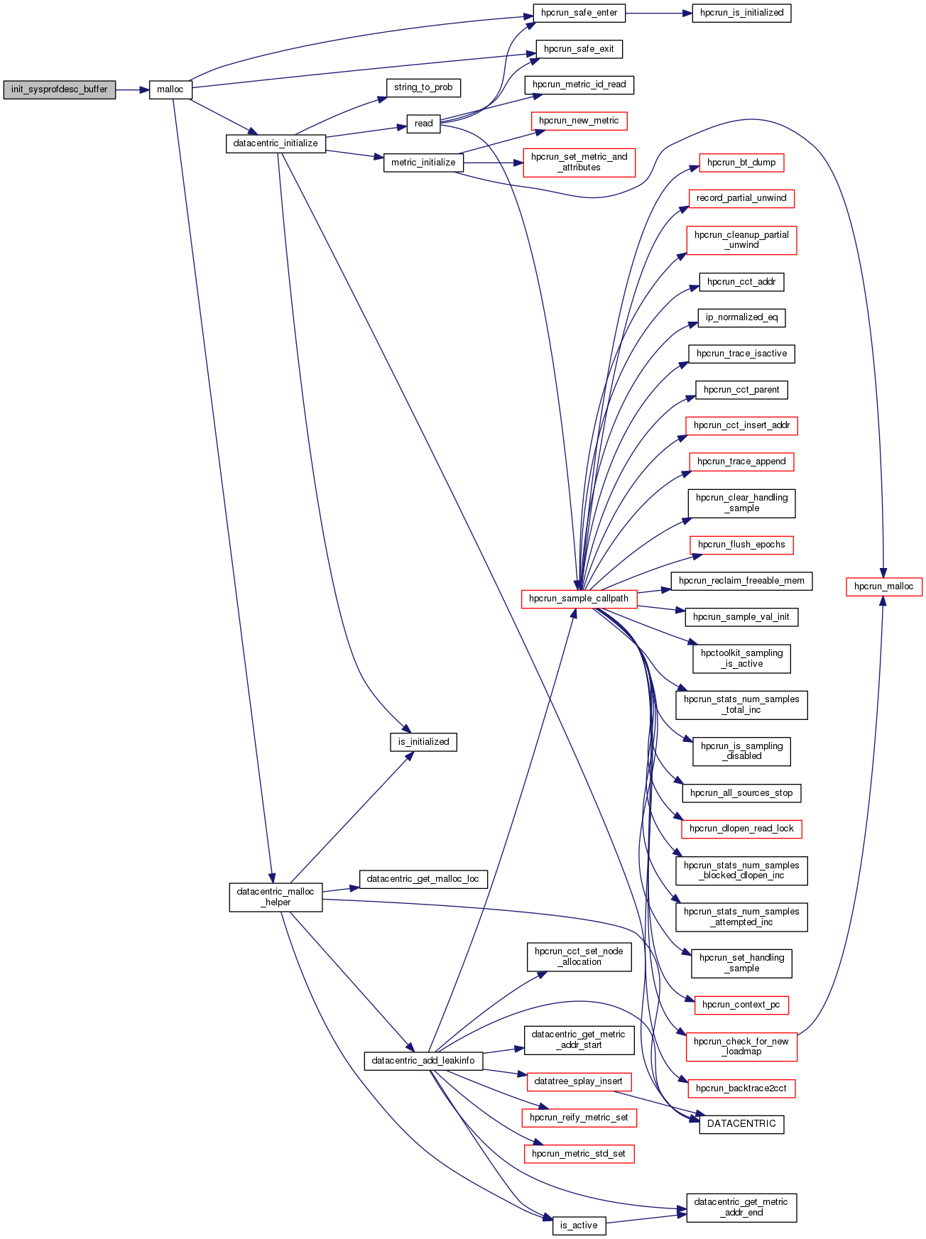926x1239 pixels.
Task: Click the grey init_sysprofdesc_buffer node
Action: (x=59, y=89)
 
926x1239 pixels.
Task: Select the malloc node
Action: (x=170, y=89)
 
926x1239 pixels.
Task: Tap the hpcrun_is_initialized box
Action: (x=741, y=13)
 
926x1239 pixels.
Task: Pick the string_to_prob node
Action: (x=423, y=87)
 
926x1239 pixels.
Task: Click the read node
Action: (x=423, y=124)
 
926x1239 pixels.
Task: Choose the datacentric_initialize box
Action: (x=276, y=143)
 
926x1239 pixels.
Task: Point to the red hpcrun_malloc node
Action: (x=883, y=586)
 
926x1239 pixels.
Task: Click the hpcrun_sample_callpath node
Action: (x=579, y=599)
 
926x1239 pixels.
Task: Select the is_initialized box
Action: (x=423, y=742)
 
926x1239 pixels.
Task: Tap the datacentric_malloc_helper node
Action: (x=276, y=897)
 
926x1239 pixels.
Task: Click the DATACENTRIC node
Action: (x=741, y=1124)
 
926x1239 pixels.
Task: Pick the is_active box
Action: (x=579, y=1225)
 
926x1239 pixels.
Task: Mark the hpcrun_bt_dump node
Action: (x=741, y=163)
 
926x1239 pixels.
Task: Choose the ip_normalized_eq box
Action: (x=741, y=317)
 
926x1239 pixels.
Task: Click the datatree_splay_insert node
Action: (x=579, y=1081)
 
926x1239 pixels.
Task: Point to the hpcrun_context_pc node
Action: (x=741, y=1005)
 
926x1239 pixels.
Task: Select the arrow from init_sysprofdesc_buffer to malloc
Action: (x=132, y=89)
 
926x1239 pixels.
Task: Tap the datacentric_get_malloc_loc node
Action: (x=423, y=879)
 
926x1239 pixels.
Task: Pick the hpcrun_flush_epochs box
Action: (x=741, y=545)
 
